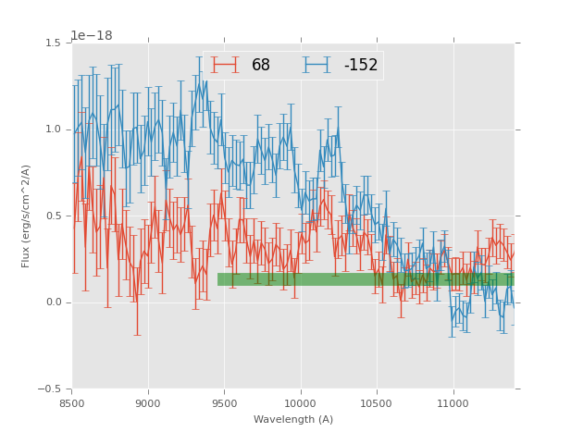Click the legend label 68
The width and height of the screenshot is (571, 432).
click(x=261, y=66)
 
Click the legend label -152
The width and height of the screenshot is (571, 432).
click(x=360, y=66)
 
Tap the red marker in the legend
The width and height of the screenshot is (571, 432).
click(x=225, y=65)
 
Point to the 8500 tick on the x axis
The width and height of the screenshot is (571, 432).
click(x=72, y=403)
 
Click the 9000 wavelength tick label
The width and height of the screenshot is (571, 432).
click(x=148, y=403)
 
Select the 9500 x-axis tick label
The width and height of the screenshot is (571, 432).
click(x=224, y=403)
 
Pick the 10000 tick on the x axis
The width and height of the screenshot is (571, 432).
click(x=301, y=403)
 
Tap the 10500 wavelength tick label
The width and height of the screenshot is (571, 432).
click(x=377, y=403)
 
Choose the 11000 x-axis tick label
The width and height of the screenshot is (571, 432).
click(x=453, y=403)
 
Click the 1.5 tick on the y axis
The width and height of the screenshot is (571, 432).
click(x=53, y=43)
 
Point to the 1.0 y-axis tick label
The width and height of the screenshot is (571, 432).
click(x=53, y=130)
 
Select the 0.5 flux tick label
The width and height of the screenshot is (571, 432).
click(x=53, y=216)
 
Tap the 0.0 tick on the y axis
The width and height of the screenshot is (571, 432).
click(x=53, y=302)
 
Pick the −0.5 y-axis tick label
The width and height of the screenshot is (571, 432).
click(x=50, y=389)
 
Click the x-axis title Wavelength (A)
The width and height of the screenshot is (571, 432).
click(x=293, y=420)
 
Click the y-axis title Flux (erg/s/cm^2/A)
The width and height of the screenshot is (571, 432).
click(x=26, y=216)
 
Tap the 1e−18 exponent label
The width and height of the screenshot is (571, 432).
click(x=92, y=35)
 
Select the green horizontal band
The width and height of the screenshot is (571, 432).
click(x=366, y=279)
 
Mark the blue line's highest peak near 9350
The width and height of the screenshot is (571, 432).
click(x=199, y=82)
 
